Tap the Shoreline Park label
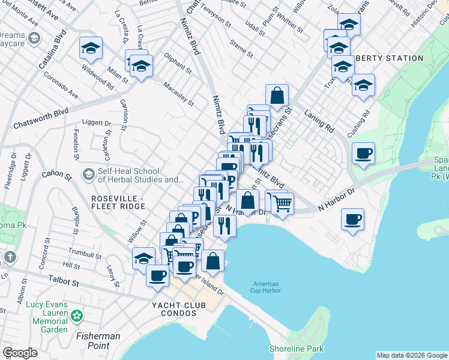click(x=297, y=349)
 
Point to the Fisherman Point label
click(x=98, y=341)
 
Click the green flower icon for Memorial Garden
click(x=77, y=316)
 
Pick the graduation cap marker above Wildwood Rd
click(x=91, y=48)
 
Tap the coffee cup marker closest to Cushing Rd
click(x=363, y=154)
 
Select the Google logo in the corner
click(x=20, y=352)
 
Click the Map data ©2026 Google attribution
click(x=411, y=355)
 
